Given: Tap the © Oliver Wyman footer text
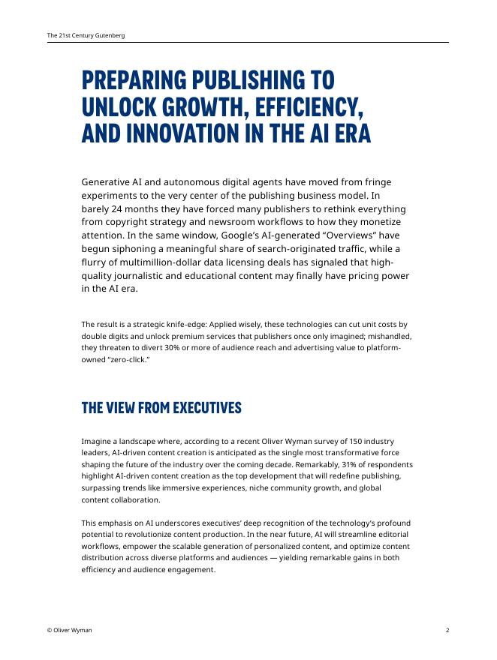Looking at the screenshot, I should pos(69,630).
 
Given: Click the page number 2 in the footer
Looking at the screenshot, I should pos(447,630).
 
